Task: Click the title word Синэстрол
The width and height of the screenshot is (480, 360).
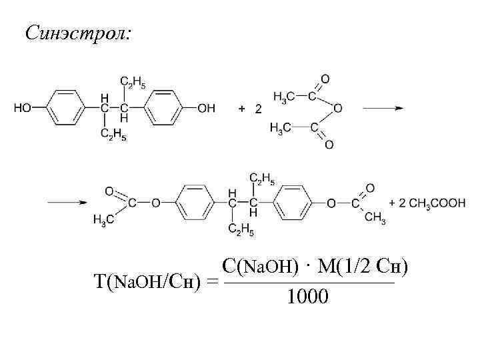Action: pos(78,31)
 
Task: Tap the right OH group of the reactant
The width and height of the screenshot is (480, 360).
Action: pos(207,108)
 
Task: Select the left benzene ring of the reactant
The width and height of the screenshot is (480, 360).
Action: pos(65,108)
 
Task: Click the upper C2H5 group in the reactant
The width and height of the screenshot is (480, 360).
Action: pos(133,82)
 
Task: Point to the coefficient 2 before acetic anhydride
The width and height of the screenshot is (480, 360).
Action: pos(258,109)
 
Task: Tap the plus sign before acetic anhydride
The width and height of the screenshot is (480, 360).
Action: pos(241,109)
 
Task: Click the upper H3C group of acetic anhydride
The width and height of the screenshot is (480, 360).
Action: pos(285,98)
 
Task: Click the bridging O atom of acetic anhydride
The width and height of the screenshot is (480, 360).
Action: pos(338,108)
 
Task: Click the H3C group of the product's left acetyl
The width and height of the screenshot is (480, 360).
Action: pos(102,219)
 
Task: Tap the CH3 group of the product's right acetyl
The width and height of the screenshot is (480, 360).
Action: pos(375,217)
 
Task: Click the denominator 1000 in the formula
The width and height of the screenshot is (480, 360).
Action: pos(307,296)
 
